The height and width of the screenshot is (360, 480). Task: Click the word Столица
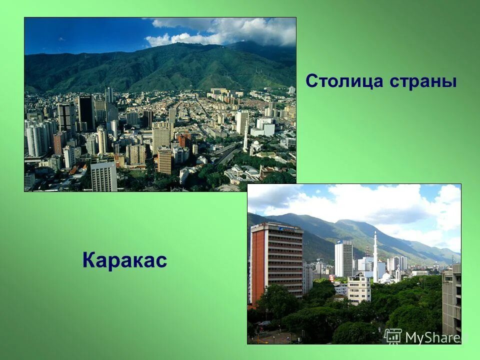(339, 80)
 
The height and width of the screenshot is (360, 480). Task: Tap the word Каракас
(124, 260)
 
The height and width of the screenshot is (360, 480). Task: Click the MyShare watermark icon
(393, 336)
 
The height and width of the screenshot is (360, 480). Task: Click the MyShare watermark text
(432, 338)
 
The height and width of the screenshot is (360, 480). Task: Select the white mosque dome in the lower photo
(386, 276)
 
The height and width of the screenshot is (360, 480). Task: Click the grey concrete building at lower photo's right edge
(451, 300)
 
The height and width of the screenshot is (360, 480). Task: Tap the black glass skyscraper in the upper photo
(86, 112)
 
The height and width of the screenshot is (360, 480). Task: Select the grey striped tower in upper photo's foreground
(103, 176)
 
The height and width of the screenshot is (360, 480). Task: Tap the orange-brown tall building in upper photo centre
(164, 160)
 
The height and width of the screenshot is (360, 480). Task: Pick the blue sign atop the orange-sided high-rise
(290, 227)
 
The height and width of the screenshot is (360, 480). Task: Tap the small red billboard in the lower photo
(332, 278)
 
